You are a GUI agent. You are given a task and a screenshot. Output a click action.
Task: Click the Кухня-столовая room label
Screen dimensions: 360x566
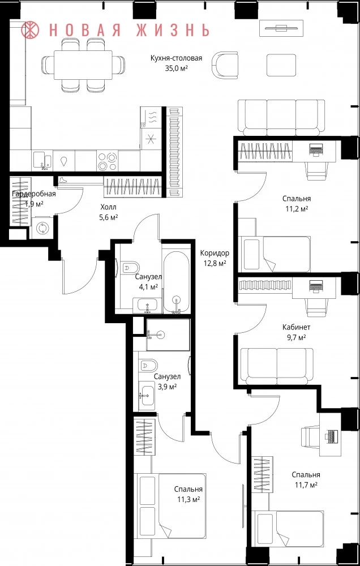point(176,58)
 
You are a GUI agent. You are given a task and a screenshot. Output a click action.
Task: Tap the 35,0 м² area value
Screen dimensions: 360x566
point(177,67)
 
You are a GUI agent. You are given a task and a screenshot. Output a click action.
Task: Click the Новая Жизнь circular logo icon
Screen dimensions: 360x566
point(30,29)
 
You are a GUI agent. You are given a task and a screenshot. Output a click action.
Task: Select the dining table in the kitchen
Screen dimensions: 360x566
point(83,65)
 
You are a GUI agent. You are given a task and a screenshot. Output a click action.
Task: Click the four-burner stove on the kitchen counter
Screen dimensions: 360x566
point(107,161)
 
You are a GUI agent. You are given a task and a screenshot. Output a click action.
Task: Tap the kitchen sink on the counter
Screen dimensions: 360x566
point(43,161)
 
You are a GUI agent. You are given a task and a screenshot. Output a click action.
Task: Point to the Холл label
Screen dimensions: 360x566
point(109,208)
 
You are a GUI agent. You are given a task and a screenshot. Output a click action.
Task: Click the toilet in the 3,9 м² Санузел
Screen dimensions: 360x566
point(148,366)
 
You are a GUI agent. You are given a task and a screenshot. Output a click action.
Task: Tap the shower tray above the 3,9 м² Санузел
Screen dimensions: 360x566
point(168,335)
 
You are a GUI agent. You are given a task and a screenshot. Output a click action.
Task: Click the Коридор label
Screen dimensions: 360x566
point(215,254)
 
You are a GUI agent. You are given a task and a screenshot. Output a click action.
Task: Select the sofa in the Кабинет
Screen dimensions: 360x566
point(277,365)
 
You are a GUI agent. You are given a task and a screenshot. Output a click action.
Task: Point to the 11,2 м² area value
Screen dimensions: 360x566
point(296,208)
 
